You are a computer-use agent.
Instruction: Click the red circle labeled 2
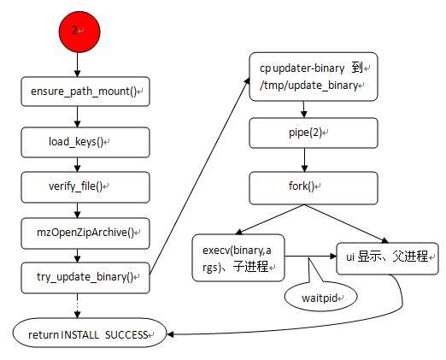click(77, 30)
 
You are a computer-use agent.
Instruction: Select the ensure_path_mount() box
click(85, 91)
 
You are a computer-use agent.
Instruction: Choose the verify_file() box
click(85, 184)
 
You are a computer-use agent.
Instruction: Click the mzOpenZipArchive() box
click(85, 230)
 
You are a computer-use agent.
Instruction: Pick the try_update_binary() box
click(85, 277)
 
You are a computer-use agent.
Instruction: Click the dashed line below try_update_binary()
click(77, 304)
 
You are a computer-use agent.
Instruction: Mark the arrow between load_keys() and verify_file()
click(77, 161)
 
